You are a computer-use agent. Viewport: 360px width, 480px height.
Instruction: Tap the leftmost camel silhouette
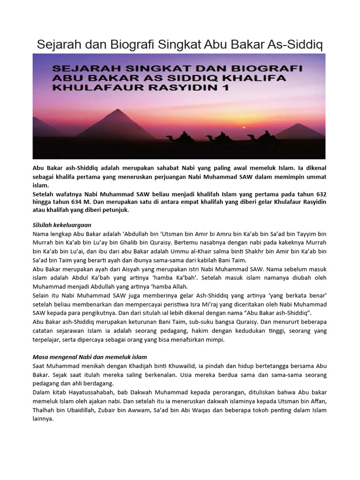coord(183,137)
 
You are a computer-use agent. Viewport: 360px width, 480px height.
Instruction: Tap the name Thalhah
coord(44,411)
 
